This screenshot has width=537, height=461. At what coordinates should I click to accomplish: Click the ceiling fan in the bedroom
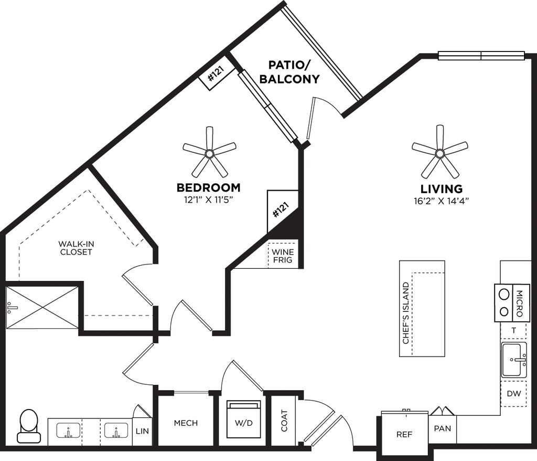click(x=209, y=153)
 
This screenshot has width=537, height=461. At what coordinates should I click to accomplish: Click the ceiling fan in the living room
click(x=440, y=152)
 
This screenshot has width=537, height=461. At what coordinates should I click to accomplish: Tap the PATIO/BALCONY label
click(x=289, y=72)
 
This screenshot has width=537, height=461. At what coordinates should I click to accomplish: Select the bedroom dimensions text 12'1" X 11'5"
click(x=208, y=200)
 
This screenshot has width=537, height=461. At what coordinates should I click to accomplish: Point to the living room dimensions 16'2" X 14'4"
click(x=441, y=201)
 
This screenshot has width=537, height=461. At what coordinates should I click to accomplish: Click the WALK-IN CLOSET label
click(x=76, y=248)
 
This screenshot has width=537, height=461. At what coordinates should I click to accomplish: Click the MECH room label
click(x=186, y=423)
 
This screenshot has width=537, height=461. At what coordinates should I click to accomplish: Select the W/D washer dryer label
click(x=243, y=423)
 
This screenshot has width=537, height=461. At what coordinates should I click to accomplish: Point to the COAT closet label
click(x=284, y=421)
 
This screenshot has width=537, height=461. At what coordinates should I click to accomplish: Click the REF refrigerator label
click(x=404, y=434)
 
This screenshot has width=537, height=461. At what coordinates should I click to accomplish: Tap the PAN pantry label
click(x=443, y=428)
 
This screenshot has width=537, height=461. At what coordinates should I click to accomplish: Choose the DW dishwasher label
click(x=514, y=394)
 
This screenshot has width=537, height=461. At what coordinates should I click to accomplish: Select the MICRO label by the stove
click(x=519, y=303)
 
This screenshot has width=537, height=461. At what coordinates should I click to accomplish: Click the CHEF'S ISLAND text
click(x=406, y=313)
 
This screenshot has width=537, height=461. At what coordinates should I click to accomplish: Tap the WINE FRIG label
click(x=283, y=256)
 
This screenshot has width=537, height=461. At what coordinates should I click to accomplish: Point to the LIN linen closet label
click(x=142, y=431)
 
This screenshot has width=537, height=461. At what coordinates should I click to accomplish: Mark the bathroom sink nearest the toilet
click(x=69, y=431)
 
